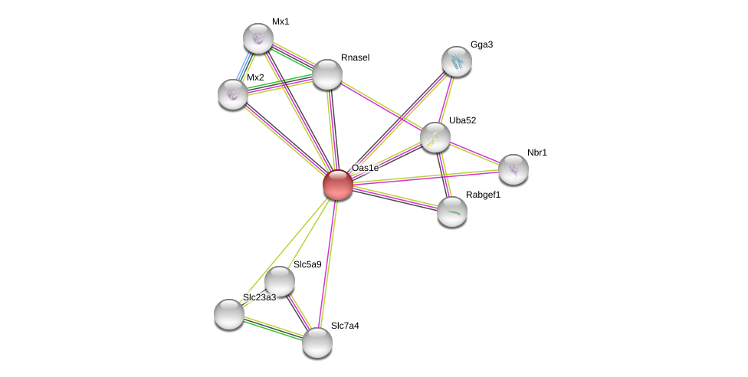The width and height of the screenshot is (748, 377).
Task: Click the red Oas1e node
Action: click(x=337, y=185)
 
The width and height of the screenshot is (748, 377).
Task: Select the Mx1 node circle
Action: click(x=258, y=38)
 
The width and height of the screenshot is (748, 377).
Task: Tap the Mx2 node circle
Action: click(x=233, y=94)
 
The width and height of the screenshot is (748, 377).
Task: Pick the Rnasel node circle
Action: click(x=327, y=74)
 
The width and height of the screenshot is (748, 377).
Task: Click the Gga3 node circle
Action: click(x=457, y=61)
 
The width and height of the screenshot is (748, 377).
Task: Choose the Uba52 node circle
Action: click(x=435, y=137)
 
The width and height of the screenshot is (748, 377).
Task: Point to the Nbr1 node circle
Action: click(x=513, y=169)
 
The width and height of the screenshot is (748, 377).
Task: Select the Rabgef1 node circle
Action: click(x=452, y=211)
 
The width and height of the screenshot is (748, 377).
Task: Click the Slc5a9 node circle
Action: click(x=280, y=281)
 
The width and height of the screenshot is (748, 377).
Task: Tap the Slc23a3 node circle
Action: click(x=229, y=313)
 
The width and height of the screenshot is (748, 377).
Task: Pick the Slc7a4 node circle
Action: click(x=317, y=343)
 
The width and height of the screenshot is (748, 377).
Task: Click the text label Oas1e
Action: click(x=365, y=168)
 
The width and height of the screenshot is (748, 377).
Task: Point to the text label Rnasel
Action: click(x=355, y=57)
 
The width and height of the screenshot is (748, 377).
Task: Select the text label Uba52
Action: click(x=462, y=120)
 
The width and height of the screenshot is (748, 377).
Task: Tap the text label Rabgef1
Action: click(x=483, y=195)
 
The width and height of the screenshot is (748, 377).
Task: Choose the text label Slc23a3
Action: click(x=259, y=297)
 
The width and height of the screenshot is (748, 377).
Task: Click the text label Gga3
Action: click(x=481, y=44)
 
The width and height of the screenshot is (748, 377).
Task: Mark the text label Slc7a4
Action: click(x=345, y=326)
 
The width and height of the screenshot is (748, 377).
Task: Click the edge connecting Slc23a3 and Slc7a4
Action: click(x=273, y=328)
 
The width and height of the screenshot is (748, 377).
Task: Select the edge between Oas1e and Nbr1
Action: click(x=425, y=177)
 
